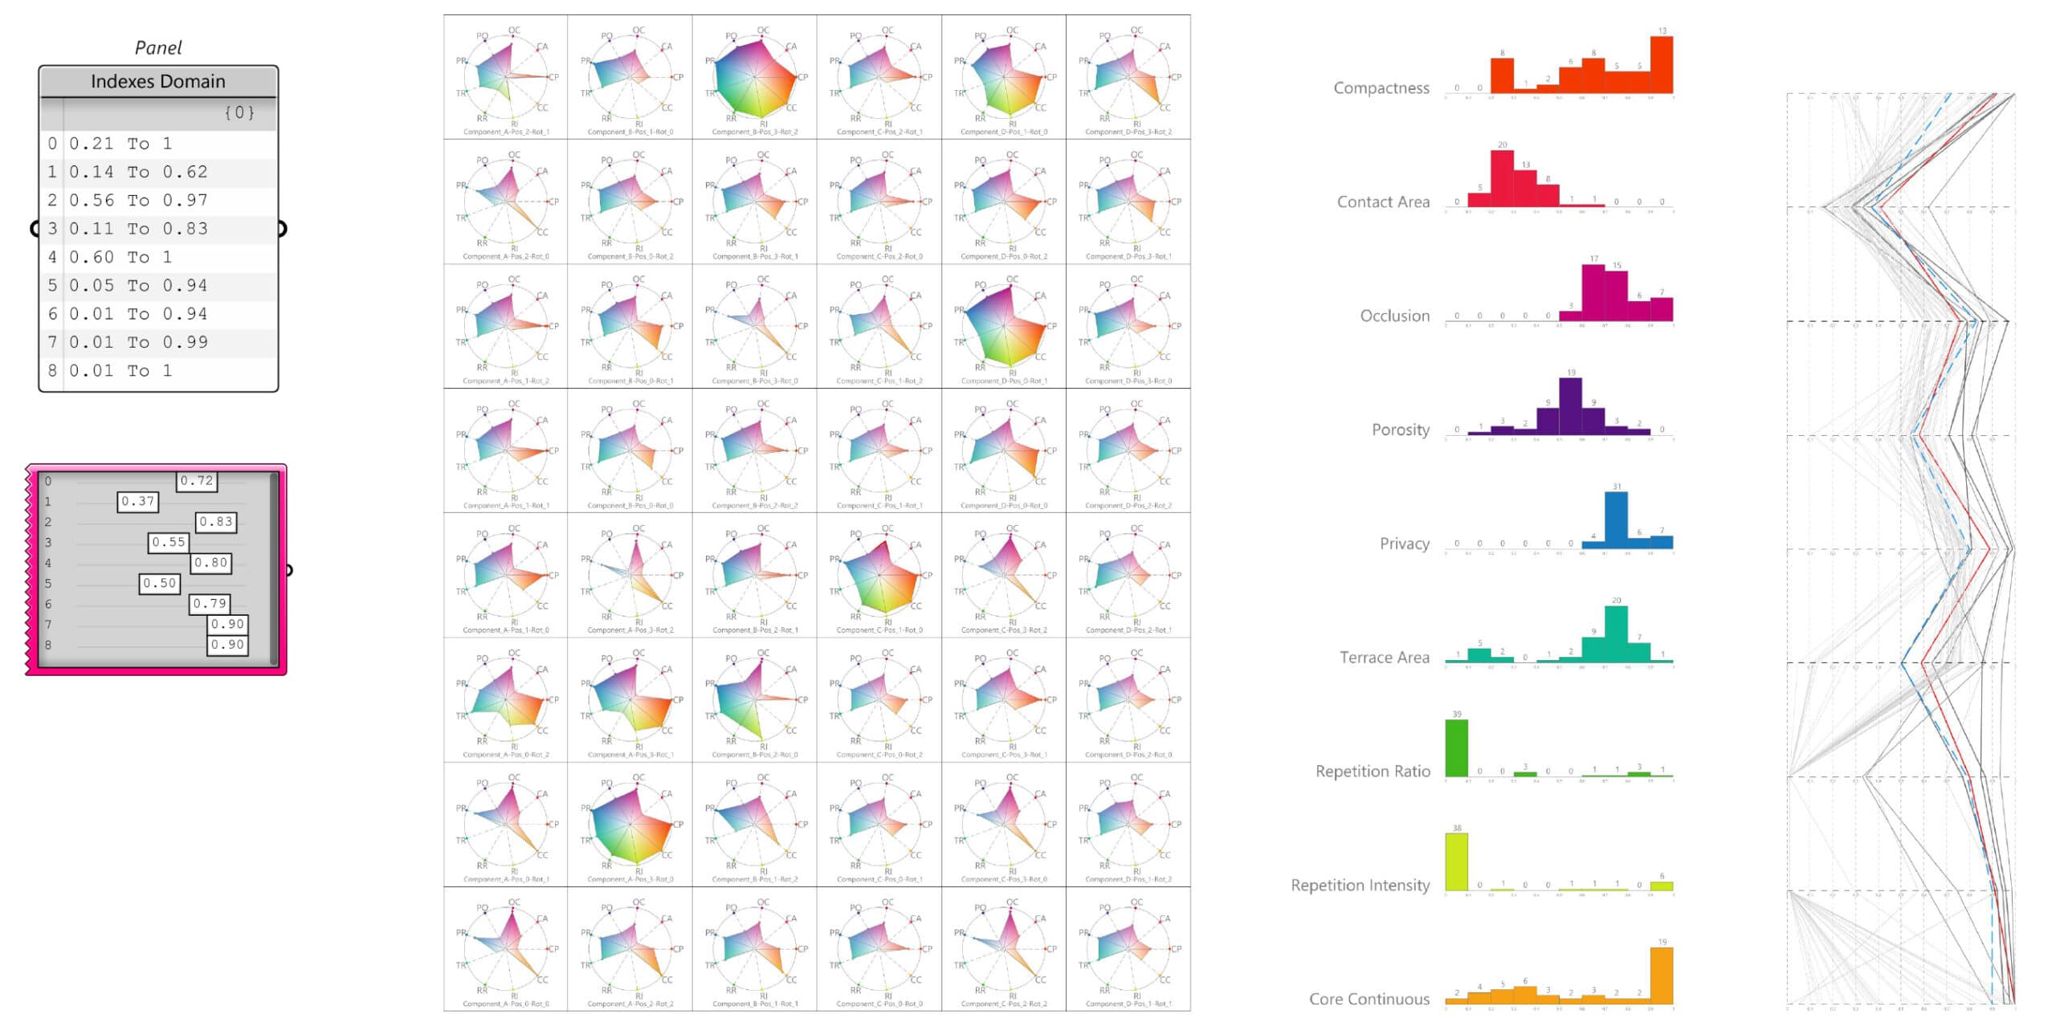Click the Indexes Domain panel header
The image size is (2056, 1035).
pyautogui.click(x=158, y=81)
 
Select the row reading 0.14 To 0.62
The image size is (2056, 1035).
pyautogui.click(x=138, y=172)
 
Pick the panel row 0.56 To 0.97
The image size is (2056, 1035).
pyautogui.click(x=138, y=200)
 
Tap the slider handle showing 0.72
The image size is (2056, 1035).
pyautogui.click(x=197, y=481)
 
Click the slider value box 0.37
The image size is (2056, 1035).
pyautogui.click(x=137, y=502)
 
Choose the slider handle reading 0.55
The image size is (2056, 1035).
pyautogui.click(x=169, y=543)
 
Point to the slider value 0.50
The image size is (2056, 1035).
pyautogui.click(x=159, y=584)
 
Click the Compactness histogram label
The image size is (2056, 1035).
pyautogui.click(x=1381, y=88)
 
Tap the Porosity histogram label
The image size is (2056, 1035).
pyautogui.click(x=1401, y=430)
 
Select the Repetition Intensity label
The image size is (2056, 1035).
pyautogui.click(x=1360, y=885)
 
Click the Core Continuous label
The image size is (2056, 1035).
pyautogui.click(x=1369, y=999)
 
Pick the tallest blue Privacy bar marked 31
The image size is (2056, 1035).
pyautogui.click(x=1616, y=520)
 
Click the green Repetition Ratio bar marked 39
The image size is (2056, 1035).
pyautogui.click(x=1456, y=748)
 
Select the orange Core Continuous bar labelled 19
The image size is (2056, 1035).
pyautogui.click(x=1662, y=976)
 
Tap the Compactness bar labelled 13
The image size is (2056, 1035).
pyautogui.click(x=1662, y=65)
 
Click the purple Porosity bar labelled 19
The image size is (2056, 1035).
pyautogui.click(x=1570, y=405)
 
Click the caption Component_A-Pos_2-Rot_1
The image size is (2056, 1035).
pyautogui.click(x=506, y=132)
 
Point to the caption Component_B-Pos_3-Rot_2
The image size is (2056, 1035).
pyautogui.click(x=755, y=132)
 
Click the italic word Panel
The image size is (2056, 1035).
pyautogui.click(x=158, y=47)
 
